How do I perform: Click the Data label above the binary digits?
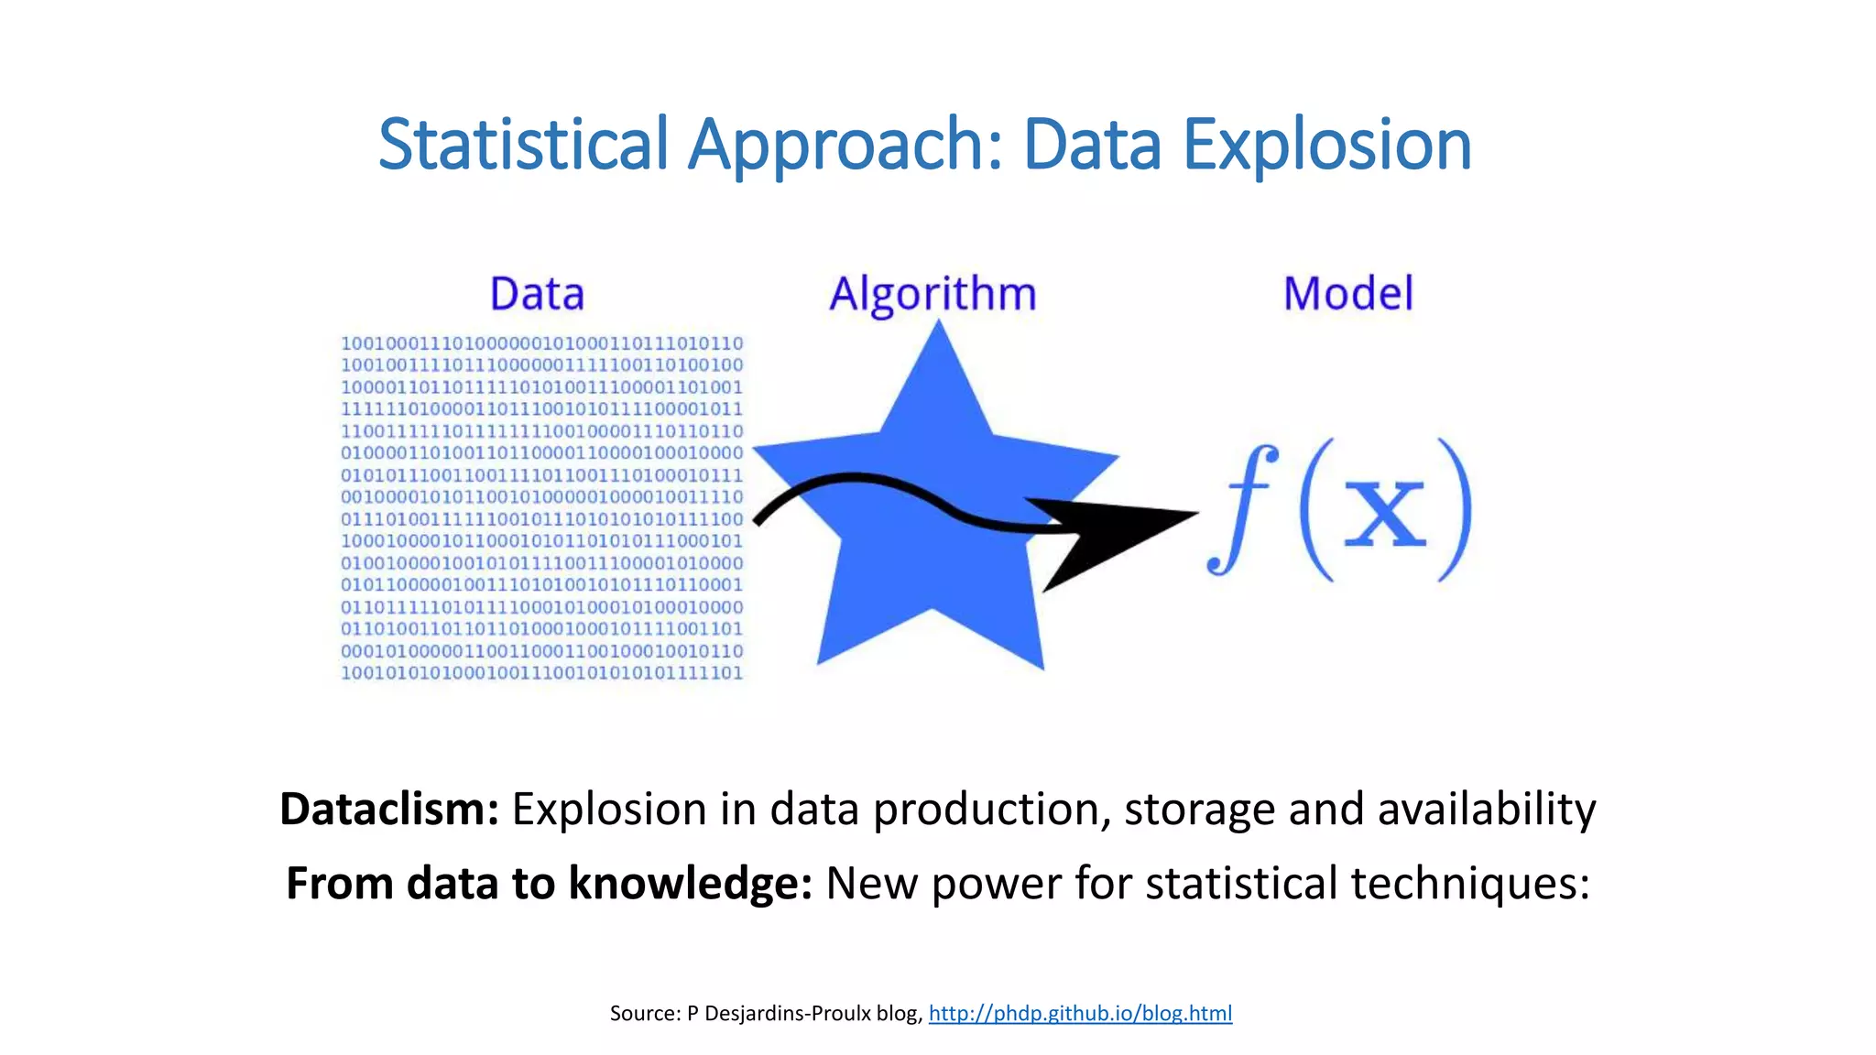pyautogui.click(x=537, y=294)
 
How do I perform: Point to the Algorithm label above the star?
pyautogui.click(x=933, y=294)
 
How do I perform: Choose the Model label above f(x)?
pyautogui.click(x=1347, y=294)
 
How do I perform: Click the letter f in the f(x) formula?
pyautogui.click(x=1241, y=508)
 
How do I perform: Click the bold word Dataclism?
pyautogui.click(x=388, y=810)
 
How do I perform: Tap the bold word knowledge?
pyautogui.click(x=690, y=884)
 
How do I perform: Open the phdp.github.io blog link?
pyautogui.click(x=1080, y=1013)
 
